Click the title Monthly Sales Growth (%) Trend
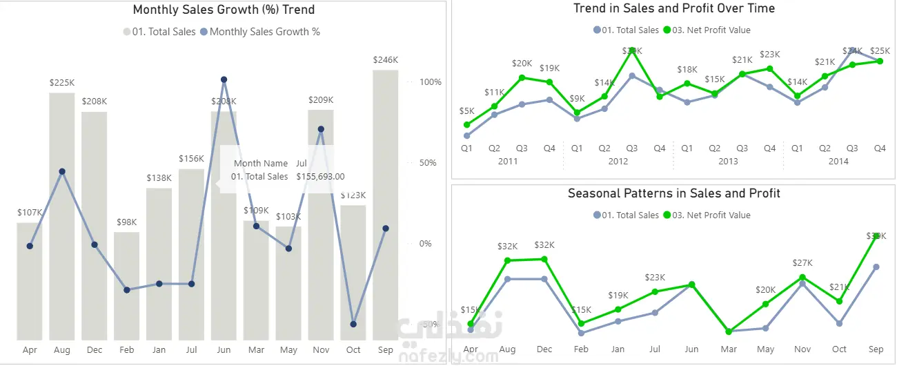point(224,10)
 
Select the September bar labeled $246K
point(385,207)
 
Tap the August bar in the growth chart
point(62,221)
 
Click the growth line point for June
point(224,80)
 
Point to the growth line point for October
point(353,324)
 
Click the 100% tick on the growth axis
point(430,82)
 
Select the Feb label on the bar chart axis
point(127,350)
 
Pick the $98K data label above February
point(127,222)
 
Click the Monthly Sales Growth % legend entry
point(264,32)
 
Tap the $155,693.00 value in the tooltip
point(320,177)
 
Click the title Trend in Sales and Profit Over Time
point(674,9)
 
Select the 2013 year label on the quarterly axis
point(728,162)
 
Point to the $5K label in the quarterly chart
point(466,111)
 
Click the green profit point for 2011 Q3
point(522,77)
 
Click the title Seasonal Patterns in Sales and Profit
point(674,193)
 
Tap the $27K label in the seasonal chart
point(802,263)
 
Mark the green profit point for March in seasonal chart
point(729,331)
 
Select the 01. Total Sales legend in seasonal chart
point(630,215)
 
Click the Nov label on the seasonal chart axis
point(802,349)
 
